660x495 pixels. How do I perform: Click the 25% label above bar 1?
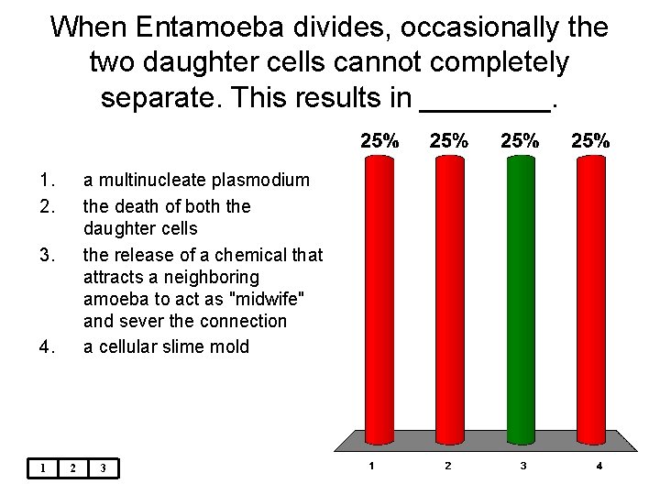[379, 141]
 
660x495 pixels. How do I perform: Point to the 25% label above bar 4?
[589, 141]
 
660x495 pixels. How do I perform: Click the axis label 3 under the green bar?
[522, 467]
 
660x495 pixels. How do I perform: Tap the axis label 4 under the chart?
[599, 467]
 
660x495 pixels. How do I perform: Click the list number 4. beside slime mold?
[48, 346]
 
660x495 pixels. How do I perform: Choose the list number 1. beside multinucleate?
[46, 181]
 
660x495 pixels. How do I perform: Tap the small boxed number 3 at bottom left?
[104, 468]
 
